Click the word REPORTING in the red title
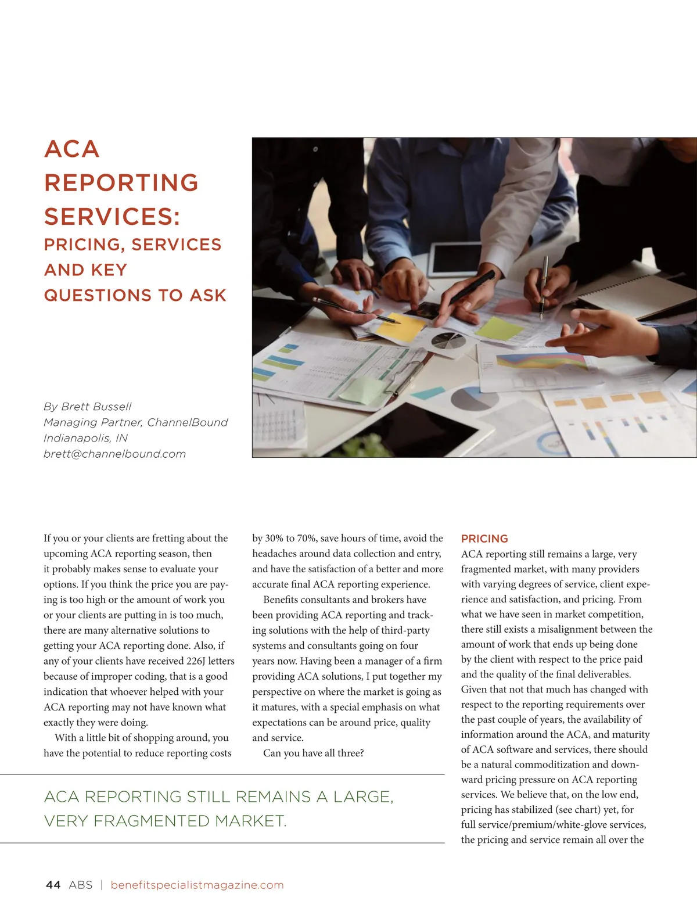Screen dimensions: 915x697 point(121,183)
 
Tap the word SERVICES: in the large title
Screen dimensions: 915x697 point(112,217)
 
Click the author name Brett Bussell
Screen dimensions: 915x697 point(96,407)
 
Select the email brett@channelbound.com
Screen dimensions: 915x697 point(114,454)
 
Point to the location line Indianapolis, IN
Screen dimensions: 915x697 point(85,438)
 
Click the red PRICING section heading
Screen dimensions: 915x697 point(484,539)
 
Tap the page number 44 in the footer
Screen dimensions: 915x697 point(53,885)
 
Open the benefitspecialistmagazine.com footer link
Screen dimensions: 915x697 point(197,885)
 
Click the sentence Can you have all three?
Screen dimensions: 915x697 point(314,753)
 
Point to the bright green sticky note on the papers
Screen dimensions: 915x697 point(500,329)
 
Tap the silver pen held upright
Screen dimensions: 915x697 point(544,285)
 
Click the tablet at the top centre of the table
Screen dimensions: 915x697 point(455,258)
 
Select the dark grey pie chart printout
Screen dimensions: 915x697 point(448,341)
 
